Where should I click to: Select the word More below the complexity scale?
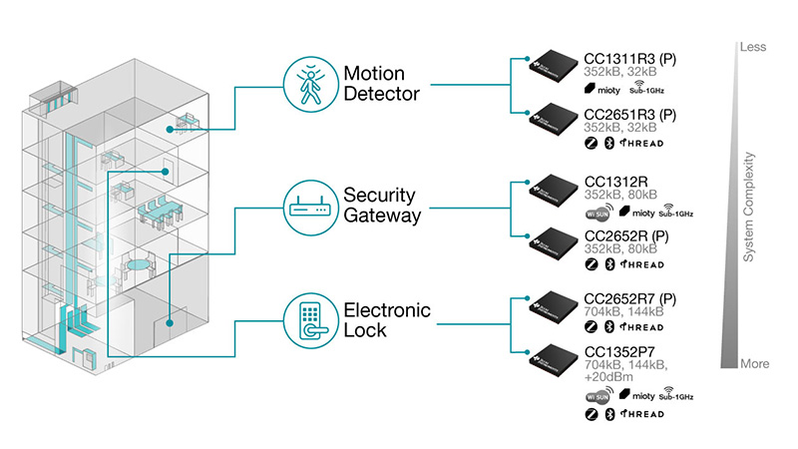point(754,363)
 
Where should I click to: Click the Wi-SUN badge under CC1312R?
point(598,213)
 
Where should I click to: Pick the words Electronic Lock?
point(387,320)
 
